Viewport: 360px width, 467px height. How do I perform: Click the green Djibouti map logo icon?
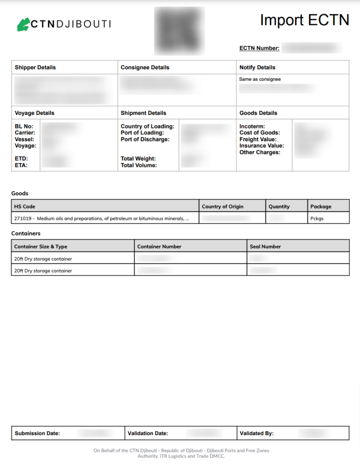coord(23,24)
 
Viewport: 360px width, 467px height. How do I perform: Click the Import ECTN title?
coord(305,20)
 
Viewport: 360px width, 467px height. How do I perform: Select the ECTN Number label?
coord(259,48)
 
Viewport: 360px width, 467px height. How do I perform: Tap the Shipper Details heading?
coord(35,68)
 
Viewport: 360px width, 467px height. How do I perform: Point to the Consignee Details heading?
coord(145,68)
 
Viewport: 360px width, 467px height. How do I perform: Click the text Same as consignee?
coord(260,79)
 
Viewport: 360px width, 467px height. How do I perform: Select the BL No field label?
coord(24,127)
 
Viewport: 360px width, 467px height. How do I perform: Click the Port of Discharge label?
coord(145,139)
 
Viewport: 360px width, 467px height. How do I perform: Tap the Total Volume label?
coord(139,165)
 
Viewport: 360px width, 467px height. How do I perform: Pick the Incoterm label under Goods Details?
coord(252,127)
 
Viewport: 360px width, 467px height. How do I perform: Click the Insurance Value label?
coord(262,146)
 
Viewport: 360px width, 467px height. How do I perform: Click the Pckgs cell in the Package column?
coord(317,218)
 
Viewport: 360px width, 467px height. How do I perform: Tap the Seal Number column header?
coord(265,246)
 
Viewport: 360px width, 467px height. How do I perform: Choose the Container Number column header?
coord(159,246)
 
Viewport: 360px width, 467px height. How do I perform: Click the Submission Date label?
coord(37,433)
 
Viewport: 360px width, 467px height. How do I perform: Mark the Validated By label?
coord(256,433)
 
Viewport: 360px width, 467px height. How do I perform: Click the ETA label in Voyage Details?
coord(21,165)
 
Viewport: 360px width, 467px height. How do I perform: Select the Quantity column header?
coord(279,206)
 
